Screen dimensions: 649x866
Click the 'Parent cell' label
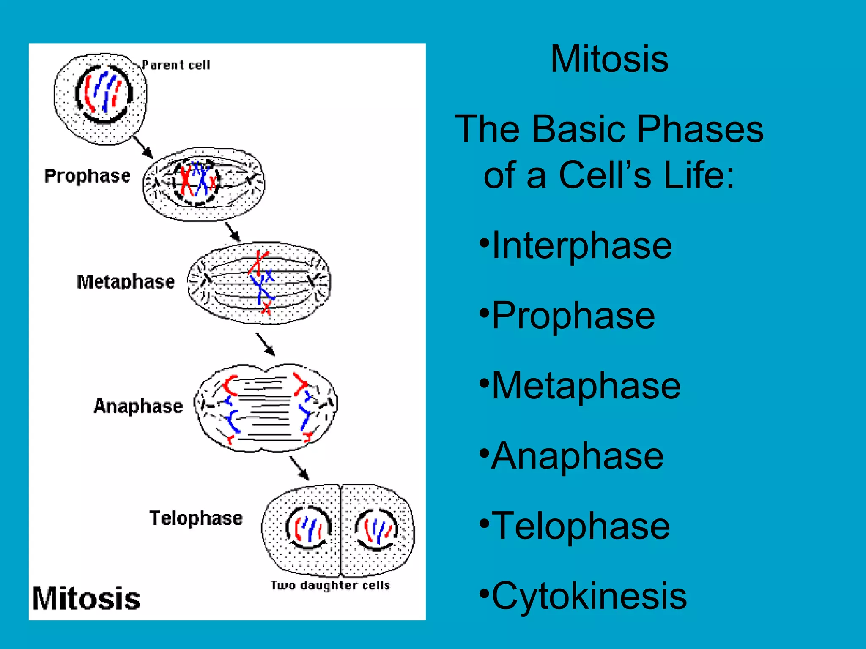point(175,65)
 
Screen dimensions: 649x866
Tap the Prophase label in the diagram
point(88,176)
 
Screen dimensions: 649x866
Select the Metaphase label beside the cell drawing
point(126,282)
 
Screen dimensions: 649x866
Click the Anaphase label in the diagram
point(138,406)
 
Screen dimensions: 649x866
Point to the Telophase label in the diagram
point(196,518)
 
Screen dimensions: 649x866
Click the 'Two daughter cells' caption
point(330,585)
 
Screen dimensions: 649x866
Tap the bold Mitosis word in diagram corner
point(86,599)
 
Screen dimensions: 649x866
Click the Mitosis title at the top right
point(609,59)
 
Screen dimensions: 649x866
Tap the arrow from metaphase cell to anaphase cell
point(266,344)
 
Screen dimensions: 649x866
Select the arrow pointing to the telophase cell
point(299,468)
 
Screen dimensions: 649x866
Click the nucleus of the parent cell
point(104,94)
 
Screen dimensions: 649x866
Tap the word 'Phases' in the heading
point(700,129)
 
